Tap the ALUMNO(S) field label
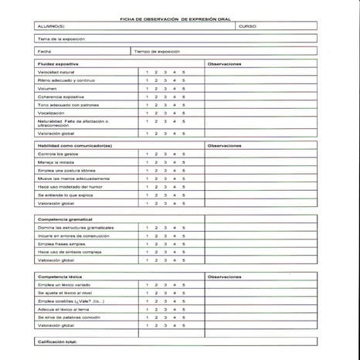(x=53, y=25)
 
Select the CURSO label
(x=247, y=25)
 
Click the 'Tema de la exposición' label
(x=61, y=38)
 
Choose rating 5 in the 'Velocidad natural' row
(x=184, y=72)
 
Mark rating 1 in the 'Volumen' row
(x=147, y=88)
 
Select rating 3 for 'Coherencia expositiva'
(x=165, y=97)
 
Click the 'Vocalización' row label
(x=52, y=113)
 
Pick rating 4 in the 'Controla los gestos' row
(x=175, y=154)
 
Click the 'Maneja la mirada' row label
(x=56, y=162)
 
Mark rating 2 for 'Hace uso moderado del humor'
(x=156, y=187)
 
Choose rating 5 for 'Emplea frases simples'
(x=184, y=243)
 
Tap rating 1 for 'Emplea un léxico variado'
(x=147, y=285)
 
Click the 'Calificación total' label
(x=58, y=341)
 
